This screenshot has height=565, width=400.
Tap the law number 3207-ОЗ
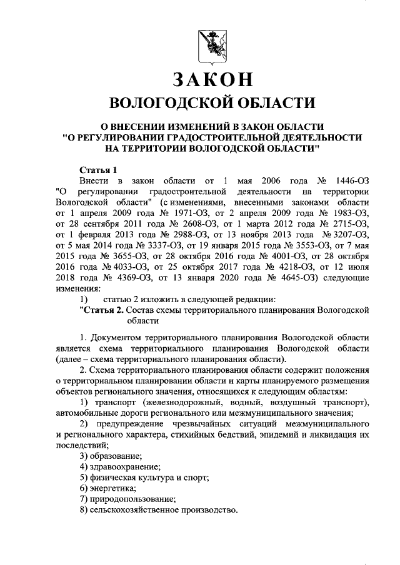pyautogui.click(x=346, y=237)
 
